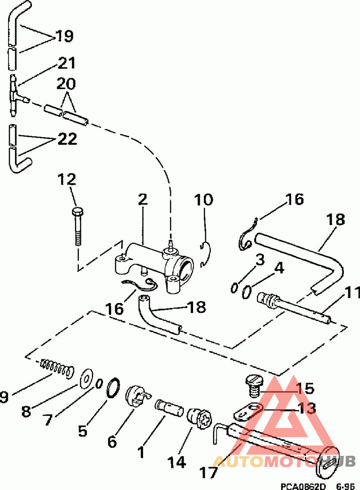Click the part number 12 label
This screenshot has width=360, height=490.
pos(67,180)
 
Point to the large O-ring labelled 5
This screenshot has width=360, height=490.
pos(113,388)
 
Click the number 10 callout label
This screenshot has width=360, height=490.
pos(204,200)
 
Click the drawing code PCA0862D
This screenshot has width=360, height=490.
pos(303,486)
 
